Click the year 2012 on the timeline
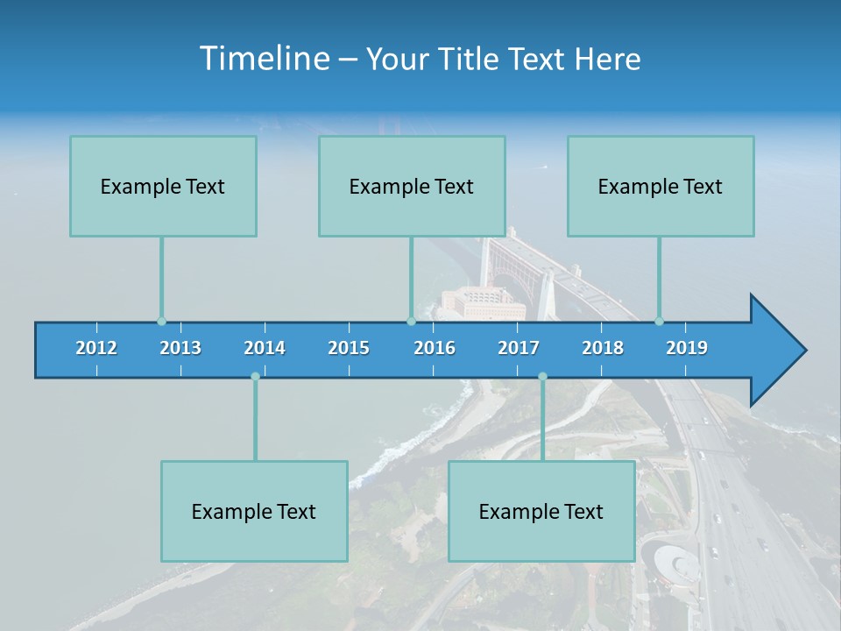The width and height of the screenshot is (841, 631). [96, 348]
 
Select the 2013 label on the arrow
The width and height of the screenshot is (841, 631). [180, 348]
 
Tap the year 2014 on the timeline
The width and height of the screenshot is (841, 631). [265, 348]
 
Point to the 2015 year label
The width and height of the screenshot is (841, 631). [349, 348]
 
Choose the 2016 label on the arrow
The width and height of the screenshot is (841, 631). [435, 348]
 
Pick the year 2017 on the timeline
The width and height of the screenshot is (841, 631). [519, 348]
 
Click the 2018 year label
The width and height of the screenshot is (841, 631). [603, 348]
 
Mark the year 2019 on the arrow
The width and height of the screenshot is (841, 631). [687, 348]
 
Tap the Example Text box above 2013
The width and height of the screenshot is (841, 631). [163, 186]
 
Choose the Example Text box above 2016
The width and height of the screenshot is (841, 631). [412, 186]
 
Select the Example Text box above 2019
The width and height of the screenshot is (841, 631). [661, 186]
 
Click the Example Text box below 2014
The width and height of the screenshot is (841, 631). [254, 511]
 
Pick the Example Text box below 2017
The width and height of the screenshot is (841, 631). [541, 511]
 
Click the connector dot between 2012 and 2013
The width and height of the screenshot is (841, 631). [161, 322]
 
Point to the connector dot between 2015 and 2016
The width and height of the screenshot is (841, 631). [411, 322]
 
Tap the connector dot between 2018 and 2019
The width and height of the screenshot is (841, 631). [659, 322]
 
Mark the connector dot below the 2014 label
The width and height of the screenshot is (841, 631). [255, 376]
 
